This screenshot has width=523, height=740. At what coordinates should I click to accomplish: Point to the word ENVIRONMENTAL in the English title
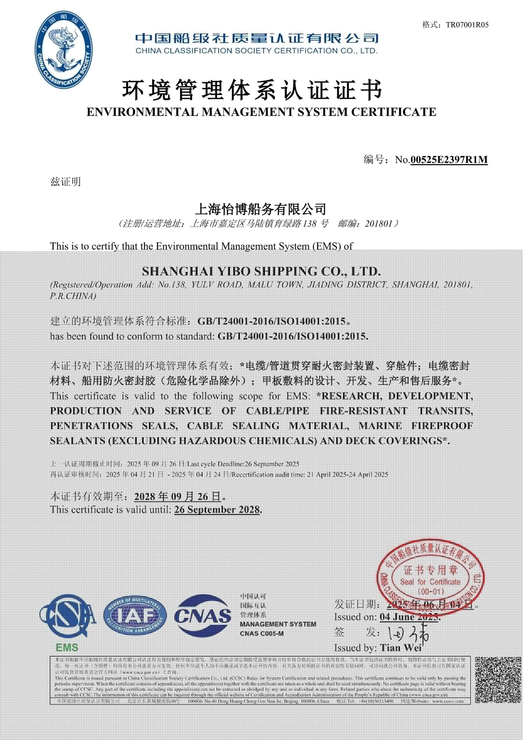(x=142, y=112)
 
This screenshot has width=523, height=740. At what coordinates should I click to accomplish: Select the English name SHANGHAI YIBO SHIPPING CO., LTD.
(x=261, y=271)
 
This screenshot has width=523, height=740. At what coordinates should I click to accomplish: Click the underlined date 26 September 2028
(x=217, y=510)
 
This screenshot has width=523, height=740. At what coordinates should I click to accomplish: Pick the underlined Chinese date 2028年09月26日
(x=178, y=496)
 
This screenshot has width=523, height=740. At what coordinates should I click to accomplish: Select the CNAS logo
(x=203, y=616)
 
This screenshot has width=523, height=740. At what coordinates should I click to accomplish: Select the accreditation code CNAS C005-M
(x=262, y=634)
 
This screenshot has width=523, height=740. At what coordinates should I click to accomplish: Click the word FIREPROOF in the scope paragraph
(x=442, y=426)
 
